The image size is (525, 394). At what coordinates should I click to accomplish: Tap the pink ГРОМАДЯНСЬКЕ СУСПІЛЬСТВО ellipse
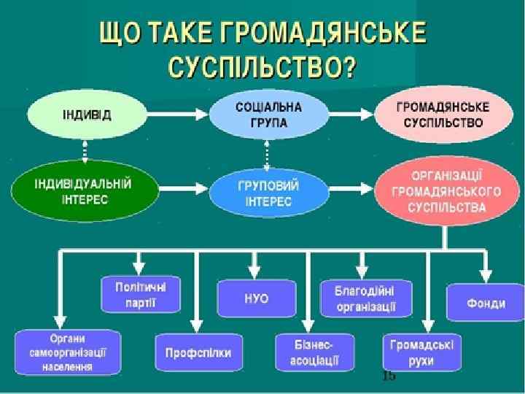[438, 115]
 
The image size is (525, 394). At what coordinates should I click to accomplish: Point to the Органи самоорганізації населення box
[68, 352]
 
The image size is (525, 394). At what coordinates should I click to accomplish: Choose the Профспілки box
[193, 353]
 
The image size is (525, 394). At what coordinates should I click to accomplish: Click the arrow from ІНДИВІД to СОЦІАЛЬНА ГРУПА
[176, 114]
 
